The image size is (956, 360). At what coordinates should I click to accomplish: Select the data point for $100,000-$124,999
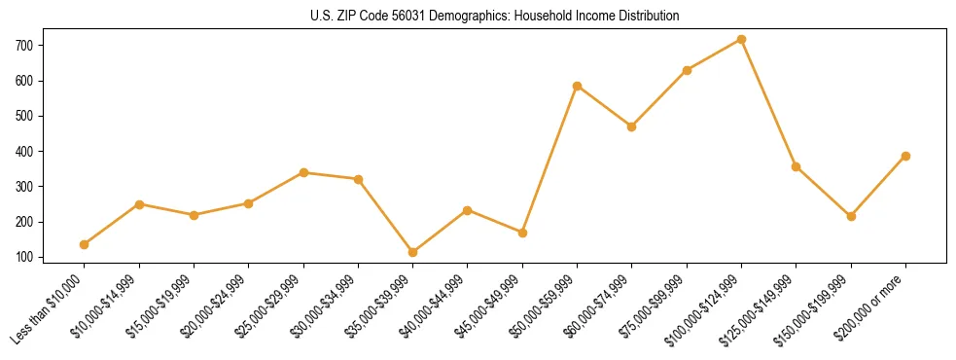tap(741, 40)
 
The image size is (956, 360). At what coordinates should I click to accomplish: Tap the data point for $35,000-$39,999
tap(412, 252)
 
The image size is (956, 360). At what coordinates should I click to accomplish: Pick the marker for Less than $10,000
tap(85, 244)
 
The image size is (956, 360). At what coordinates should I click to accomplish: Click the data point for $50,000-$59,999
tap(577, 86)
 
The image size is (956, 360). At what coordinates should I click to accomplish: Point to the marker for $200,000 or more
tap(905, 156)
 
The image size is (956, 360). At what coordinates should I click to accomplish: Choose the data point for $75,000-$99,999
tap(687, 70)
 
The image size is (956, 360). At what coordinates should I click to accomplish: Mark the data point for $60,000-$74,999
tap(631, 126)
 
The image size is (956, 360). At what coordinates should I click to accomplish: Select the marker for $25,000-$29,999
tap(303, 172)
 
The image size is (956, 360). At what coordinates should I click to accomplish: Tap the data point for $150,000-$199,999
tap(851, 216)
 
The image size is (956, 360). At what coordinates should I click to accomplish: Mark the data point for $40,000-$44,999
tap(468, 210)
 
